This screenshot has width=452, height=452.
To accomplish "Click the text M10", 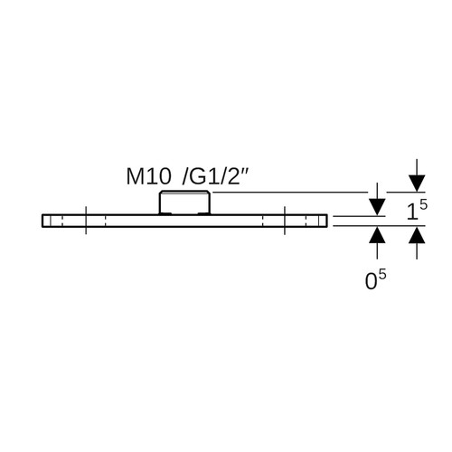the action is (148, 176).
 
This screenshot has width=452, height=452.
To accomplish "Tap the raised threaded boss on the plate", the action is (184, 202).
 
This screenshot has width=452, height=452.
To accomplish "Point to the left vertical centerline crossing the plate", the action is (86, 221).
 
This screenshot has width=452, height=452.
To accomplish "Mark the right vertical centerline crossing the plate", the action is (285, 221).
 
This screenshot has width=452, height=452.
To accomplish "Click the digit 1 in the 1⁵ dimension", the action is (411, 212).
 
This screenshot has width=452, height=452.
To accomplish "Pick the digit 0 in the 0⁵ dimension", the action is (371, 282).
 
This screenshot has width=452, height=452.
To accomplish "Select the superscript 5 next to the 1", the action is (423, 205).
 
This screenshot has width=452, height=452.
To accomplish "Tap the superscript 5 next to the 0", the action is (381, 276).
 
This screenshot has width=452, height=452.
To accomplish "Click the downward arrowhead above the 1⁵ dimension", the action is (417, 184).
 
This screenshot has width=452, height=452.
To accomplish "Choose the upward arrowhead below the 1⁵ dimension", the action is (417, 235).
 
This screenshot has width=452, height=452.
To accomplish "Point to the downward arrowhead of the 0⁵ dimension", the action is (377, 207).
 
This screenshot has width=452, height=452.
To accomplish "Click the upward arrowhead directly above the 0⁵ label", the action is (377, 235).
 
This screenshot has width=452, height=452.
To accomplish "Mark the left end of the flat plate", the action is (42, 221).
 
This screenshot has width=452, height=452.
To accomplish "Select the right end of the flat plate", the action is (326, 221).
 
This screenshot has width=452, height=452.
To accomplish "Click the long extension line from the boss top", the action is (289, 192).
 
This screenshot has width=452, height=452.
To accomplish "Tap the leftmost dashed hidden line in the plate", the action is (61, 221).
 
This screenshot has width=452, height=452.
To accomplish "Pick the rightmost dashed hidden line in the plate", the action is (306, 221).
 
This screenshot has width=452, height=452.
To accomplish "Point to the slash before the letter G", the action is (185, 176).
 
